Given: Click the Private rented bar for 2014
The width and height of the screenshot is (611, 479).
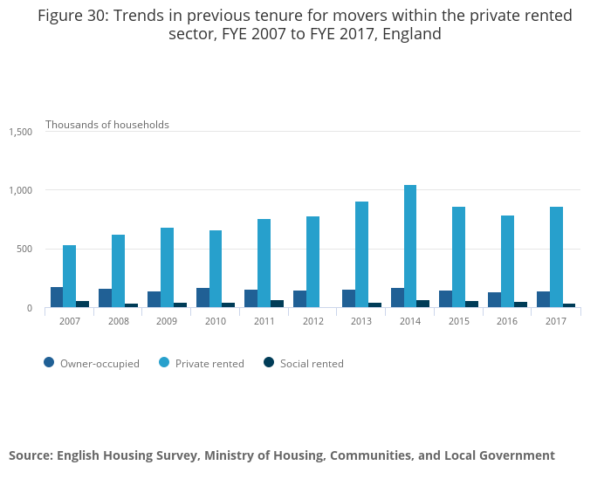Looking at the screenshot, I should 410,246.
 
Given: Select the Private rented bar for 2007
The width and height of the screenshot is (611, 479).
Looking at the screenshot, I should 69,277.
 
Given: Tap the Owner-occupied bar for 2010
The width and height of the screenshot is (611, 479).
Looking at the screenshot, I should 203,298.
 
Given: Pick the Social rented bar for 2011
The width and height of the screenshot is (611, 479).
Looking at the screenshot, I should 277,304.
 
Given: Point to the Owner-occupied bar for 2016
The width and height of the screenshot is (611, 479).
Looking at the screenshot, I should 494,300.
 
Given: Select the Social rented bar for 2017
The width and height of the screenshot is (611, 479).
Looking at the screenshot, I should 569,305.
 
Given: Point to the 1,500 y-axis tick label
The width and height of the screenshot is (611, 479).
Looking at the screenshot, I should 21,132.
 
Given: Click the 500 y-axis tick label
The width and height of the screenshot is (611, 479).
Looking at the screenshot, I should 24,250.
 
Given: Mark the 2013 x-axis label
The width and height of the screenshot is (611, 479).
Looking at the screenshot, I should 361,322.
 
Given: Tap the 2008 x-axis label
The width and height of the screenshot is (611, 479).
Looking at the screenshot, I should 118,322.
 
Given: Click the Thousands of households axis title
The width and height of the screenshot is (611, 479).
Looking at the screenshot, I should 107,125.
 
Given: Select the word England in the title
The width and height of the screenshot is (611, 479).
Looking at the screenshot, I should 409,35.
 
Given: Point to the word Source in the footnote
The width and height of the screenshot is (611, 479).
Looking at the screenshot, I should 30,455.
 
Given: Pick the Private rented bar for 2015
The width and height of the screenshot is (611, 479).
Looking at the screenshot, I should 458,257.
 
